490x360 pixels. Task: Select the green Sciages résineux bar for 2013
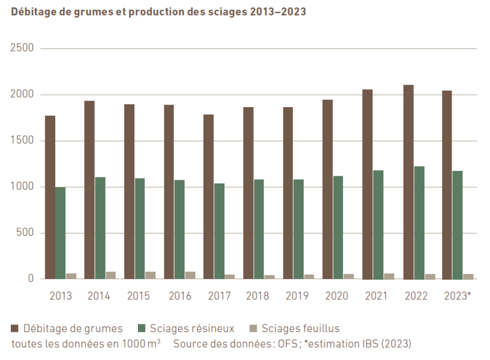point(61,233)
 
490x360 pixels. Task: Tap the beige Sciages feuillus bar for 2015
point(150,275)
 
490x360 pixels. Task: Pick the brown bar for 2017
point(208,197)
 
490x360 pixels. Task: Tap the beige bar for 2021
point(389,276)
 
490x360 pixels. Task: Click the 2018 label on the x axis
point(257,296)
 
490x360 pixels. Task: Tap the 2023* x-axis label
point(456,296)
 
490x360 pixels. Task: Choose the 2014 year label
point(99,296)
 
